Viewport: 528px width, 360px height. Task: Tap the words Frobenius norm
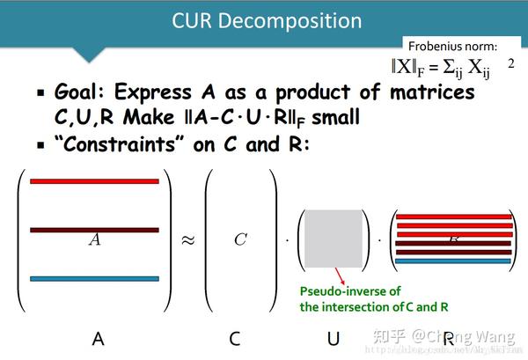coord(452,45)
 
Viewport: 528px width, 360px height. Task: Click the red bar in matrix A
coord(94,181)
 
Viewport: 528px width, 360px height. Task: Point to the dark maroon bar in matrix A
coord(94,231)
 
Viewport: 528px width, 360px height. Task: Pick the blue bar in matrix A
coord(94,279)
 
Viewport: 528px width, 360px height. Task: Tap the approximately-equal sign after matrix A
coord(187,240)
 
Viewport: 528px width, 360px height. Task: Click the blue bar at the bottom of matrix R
coord(454,261)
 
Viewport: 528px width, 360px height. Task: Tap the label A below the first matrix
coord(98,337)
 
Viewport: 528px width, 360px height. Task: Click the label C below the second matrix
coord(235,337)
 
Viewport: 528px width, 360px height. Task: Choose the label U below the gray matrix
coord(334,337)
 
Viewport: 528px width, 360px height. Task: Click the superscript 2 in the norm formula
coord(510,63)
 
